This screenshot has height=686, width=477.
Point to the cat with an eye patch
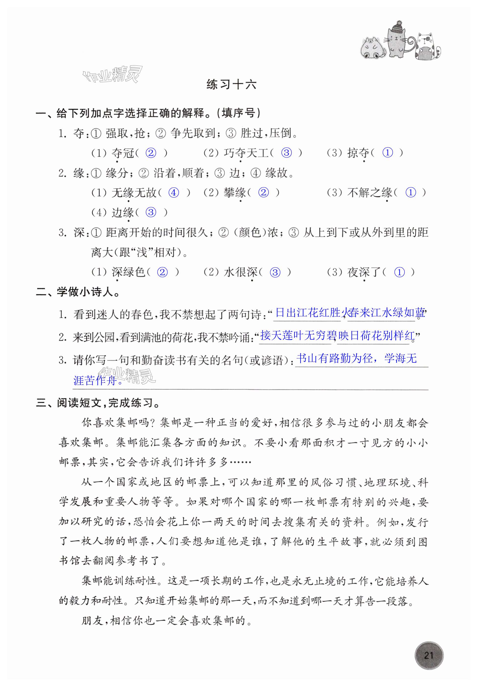[425, 46]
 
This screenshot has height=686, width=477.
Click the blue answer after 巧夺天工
[286, 153]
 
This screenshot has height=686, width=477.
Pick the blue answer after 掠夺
[387, 153]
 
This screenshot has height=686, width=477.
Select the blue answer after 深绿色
[162, 272]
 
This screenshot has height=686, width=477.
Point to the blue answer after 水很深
[275, 272]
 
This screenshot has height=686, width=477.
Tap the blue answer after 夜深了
[399, 272]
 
